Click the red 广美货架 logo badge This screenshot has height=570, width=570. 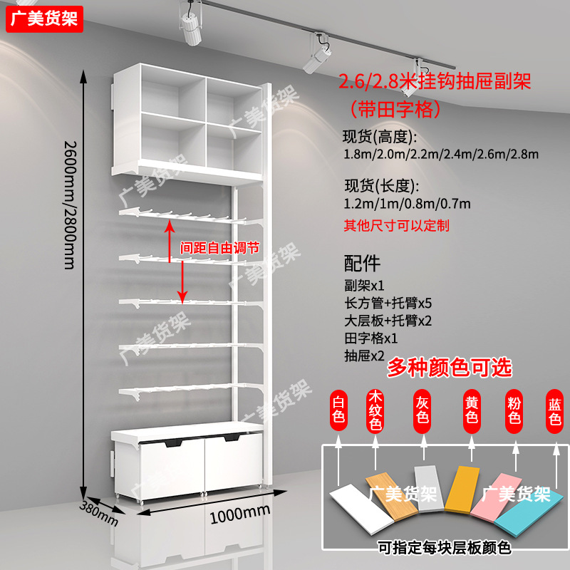coord(44,18)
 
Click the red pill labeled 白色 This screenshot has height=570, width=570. coord(338,410)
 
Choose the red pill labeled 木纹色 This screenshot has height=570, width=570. coord(375,410)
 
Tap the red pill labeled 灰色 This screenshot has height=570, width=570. coord(422,410)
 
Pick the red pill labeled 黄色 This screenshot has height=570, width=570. coord(470,410)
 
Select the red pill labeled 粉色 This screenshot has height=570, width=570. coord(514,410)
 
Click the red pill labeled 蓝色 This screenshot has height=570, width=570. coord(555,410)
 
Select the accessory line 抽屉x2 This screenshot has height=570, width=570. coord(364,354)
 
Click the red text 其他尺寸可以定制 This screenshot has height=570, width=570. coord(396,226)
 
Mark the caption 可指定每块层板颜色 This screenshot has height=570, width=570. coord(445,548)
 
